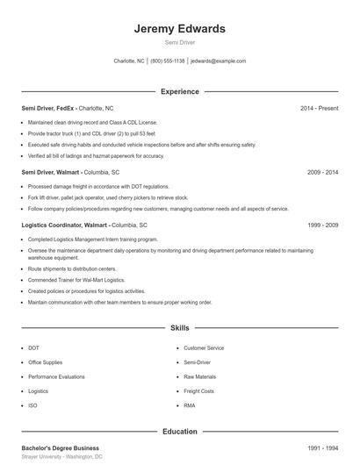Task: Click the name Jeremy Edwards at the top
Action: pos(180,29)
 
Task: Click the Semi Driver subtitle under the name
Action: pos(180,42)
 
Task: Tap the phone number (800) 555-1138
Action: pos(168,61)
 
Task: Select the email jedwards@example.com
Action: pos(218,61)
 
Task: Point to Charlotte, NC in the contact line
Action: pos(129,61)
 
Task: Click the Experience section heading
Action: pos(180,91)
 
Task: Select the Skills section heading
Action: pos(180,328)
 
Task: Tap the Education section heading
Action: pos(180,432)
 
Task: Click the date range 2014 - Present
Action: pos(319,108)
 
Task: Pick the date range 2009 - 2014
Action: pos(322,173)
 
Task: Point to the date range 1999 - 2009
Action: pos(322,225)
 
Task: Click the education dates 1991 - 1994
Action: pos(322,447)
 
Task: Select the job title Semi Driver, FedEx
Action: pos(49,108)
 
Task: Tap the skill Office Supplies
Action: pos(46,362)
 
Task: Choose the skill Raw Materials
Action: pos(199,376)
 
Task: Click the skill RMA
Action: pos(189,405)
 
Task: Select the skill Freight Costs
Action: pos(198,391)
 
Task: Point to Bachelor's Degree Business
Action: pos(61,447)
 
